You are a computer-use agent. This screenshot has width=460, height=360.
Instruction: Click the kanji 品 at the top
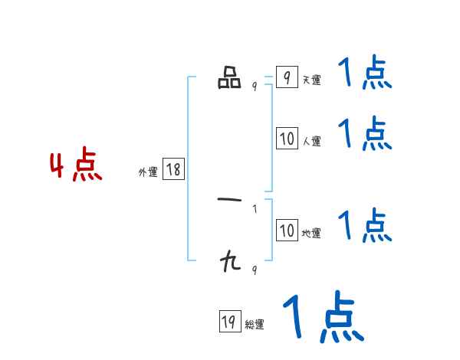[229, 78]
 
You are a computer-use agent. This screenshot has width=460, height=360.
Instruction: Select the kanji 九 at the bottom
[229, 263]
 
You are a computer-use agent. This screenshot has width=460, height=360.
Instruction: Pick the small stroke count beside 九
[255, 270]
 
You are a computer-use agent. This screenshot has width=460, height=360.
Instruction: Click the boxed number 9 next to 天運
[286, 77]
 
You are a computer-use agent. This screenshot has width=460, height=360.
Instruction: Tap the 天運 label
[311, 80]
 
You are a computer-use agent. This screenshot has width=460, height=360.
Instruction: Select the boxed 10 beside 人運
[287, 139]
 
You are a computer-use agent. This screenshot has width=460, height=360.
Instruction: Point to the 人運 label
[311, 141]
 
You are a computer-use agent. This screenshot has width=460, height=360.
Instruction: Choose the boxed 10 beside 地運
[287, 231]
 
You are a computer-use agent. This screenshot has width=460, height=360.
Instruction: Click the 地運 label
[311, 233]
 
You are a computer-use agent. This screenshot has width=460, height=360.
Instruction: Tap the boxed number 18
[173, 169]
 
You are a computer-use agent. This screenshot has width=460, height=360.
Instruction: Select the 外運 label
[148, 172]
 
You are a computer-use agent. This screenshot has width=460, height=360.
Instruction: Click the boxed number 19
[228, 322]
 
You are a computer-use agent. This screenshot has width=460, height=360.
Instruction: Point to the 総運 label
[255, 325]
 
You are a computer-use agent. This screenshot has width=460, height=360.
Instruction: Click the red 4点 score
[76, 167]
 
